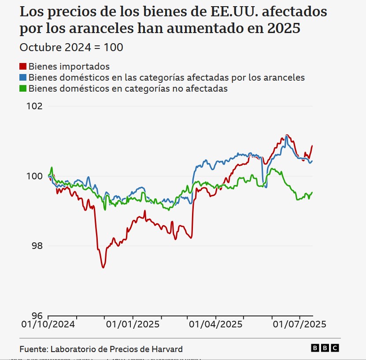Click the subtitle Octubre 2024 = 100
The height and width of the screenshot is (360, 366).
[71, 47]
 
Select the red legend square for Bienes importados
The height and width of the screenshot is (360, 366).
[23, 67]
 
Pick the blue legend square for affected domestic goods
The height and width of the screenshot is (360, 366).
[23, 78]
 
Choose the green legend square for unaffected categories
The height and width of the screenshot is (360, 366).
[23, 88]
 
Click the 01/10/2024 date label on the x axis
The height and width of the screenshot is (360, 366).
[48, 325]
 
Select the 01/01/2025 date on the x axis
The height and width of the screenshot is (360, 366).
[132, 325]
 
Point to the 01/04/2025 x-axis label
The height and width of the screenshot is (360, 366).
[216, 325]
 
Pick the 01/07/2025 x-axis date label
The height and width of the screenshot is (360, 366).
[299, 325]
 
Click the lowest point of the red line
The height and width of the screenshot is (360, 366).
[103, 267]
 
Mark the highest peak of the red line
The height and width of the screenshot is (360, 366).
[287, 135]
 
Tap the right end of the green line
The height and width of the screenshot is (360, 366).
[312, 192]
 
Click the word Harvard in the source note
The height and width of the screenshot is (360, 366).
[167, 349]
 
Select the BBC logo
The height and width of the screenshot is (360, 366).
[325, 348]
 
